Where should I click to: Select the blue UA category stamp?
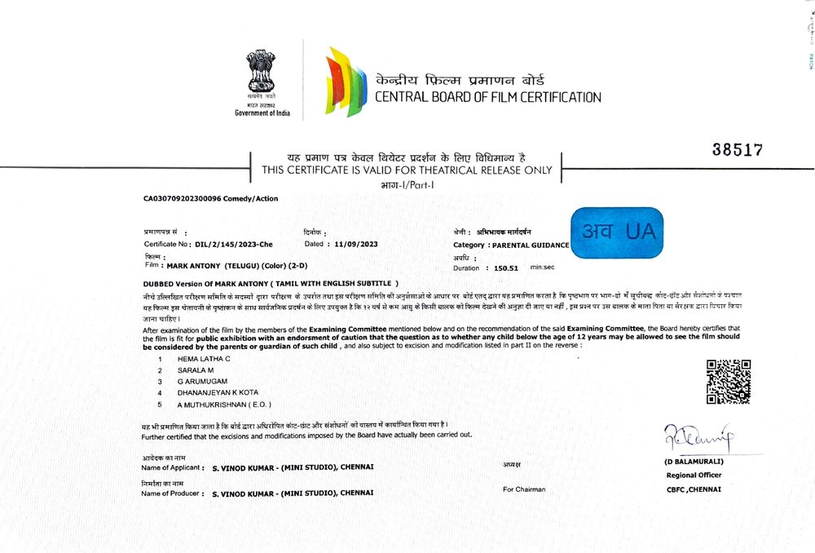[617, 232]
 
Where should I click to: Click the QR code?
[728, 381]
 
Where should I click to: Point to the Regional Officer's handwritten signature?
[698, 440]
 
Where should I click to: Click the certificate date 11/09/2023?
[356, 244]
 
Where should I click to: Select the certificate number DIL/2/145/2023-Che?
[234, 244]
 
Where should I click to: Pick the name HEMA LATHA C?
[204, 359]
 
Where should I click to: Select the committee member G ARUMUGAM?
[202, 381]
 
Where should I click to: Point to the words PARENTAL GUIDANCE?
[529, 245]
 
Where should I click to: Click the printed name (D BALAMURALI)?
[693, 462]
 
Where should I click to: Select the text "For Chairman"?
[524, 489]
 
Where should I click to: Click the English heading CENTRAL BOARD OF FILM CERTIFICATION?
[487, 98]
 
